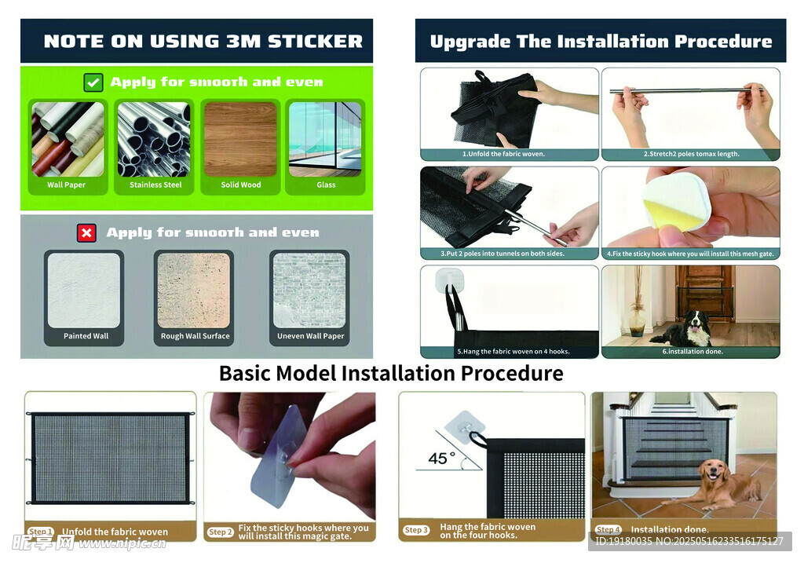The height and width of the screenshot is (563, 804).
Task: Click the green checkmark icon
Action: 93,82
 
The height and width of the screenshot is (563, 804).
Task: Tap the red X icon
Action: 86,232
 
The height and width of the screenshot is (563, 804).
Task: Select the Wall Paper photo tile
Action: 68,139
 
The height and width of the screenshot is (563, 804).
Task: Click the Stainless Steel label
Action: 155,185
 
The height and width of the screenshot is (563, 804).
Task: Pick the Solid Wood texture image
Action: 240,139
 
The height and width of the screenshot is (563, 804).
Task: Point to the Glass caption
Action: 326,185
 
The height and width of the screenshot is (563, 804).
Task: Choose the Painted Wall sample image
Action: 84,291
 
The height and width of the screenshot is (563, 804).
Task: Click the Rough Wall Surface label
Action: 196,336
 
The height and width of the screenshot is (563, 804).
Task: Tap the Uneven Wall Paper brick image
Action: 309,291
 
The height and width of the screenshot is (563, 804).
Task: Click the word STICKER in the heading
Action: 316,42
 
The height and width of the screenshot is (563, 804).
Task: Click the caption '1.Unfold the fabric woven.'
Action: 503,154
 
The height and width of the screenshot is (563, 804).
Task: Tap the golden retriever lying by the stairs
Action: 718,484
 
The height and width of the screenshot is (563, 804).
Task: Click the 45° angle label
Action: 442,458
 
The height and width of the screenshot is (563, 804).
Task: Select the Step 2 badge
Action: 221,532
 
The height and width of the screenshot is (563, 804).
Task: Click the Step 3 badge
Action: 416,530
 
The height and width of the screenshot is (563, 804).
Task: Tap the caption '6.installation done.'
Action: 693,351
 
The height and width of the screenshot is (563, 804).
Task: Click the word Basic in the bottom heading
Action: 245,373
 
